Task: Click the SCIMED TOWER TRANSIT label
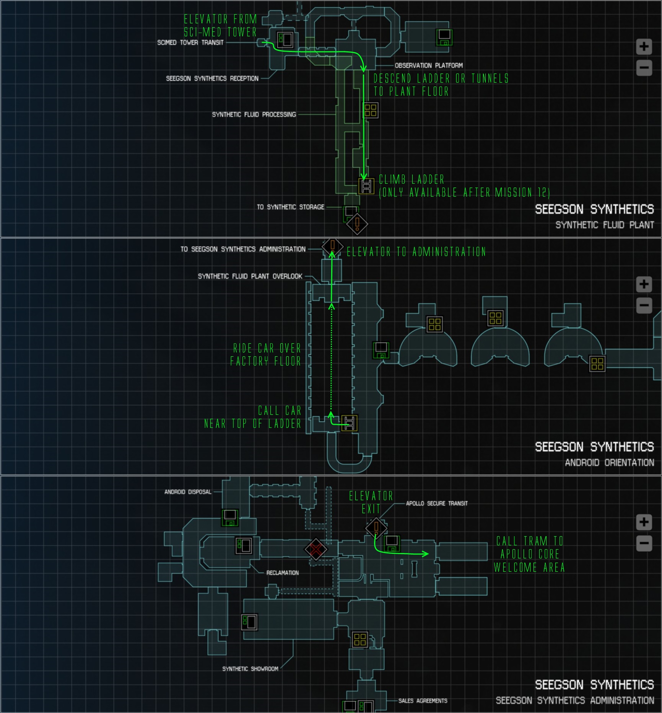(190, 42)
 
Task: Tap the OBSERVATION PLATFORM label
(428, 65)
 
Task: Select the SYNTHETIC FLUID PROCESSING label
(254, 114)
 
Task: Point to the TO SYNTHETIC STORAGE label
(290, 207)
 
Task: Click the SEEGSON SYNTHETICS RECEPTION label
(212, 78)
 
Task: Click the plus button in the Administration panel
(644, 522)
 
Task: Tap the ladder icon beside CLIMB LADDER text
(366, 186)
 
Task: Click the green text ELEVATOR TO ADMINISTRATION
(416, 252)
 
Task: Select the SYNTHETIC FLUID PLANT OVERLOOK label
(250, 276)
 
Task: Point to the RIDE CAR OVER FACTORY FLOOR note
(265, 355)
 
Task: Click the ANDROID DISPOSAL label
(188, 492)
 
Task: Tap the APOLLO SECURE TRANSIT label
(436, 503)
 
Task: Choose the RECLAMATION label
(282, 573)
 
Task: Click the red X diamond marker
(316, 550)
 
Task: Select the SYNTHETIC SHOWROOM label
(250, 669)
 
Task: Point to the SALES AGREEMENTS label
(423, 701)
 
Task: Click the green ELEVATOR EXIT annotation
(371, 503)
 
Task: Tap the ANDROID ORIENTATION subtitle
(609, 462)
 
